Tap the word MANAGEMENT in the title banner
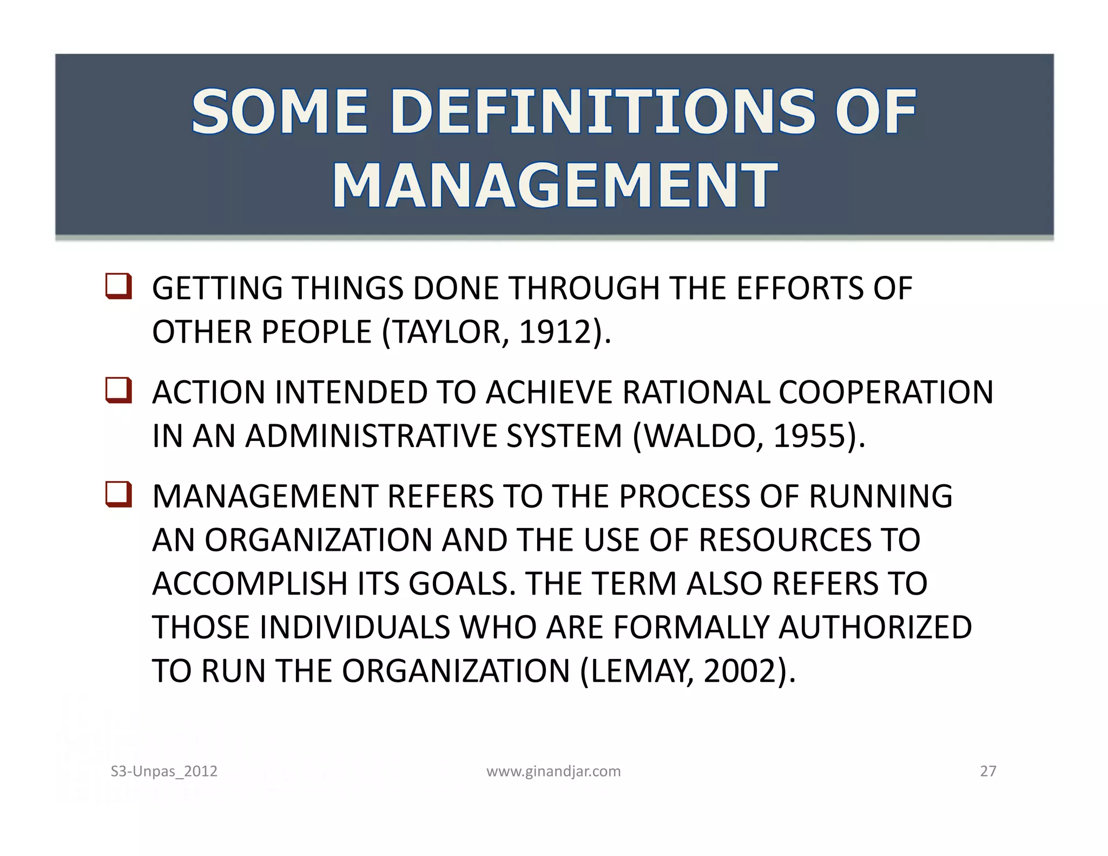(x=555, y=185)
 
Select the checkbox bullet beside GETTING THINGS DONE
(x=118, y=286)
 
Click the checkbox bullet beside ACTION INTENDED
(x=118, y=390)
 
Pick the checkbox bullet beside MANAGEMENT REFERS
(x=118, y=494)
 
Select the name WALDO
(x=703, y=436)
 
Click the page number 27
(x=988, y=771)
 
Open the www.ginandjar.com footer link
(x=553, y=771)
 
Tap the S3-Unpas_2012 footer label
(x=164, y=771)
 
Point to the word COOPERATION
(x=886, y=392)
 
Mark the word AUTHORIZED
(x=875, y=628)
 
